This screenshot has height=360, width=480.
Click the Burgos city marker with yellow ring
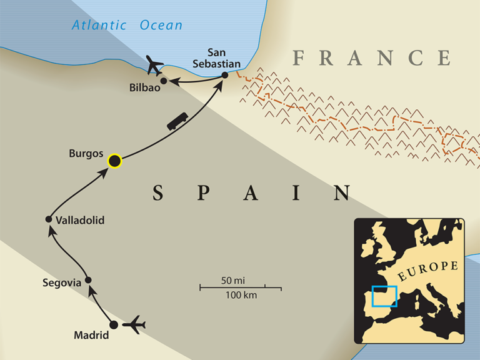click(114, 161)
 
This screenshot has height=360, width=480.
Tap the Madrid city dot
click(114, 325)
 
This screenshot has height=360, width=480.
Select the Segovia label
click(62, 283)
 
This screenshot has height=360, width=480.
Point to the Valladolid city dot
click(49, 219)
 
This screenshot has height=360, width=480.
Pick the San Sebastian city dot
click(225, 76)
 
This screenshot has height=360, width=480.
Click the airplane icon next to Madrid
click(134, 325)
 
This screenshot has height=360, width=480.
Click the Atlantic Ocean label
click(127, 26)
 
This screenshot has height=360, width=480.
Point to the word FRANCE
click(372, 58)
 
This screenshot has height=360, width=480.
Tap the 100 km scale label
click(240, 295)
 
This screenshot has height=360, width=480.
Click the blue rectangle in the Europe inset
click(384, 296)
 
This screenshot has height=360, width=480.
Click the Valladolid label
click(79, 220)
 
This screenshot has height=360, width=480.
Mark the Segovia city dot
click(89, 280)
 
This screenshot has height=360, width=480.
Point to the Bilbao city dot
click(164, 81)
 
